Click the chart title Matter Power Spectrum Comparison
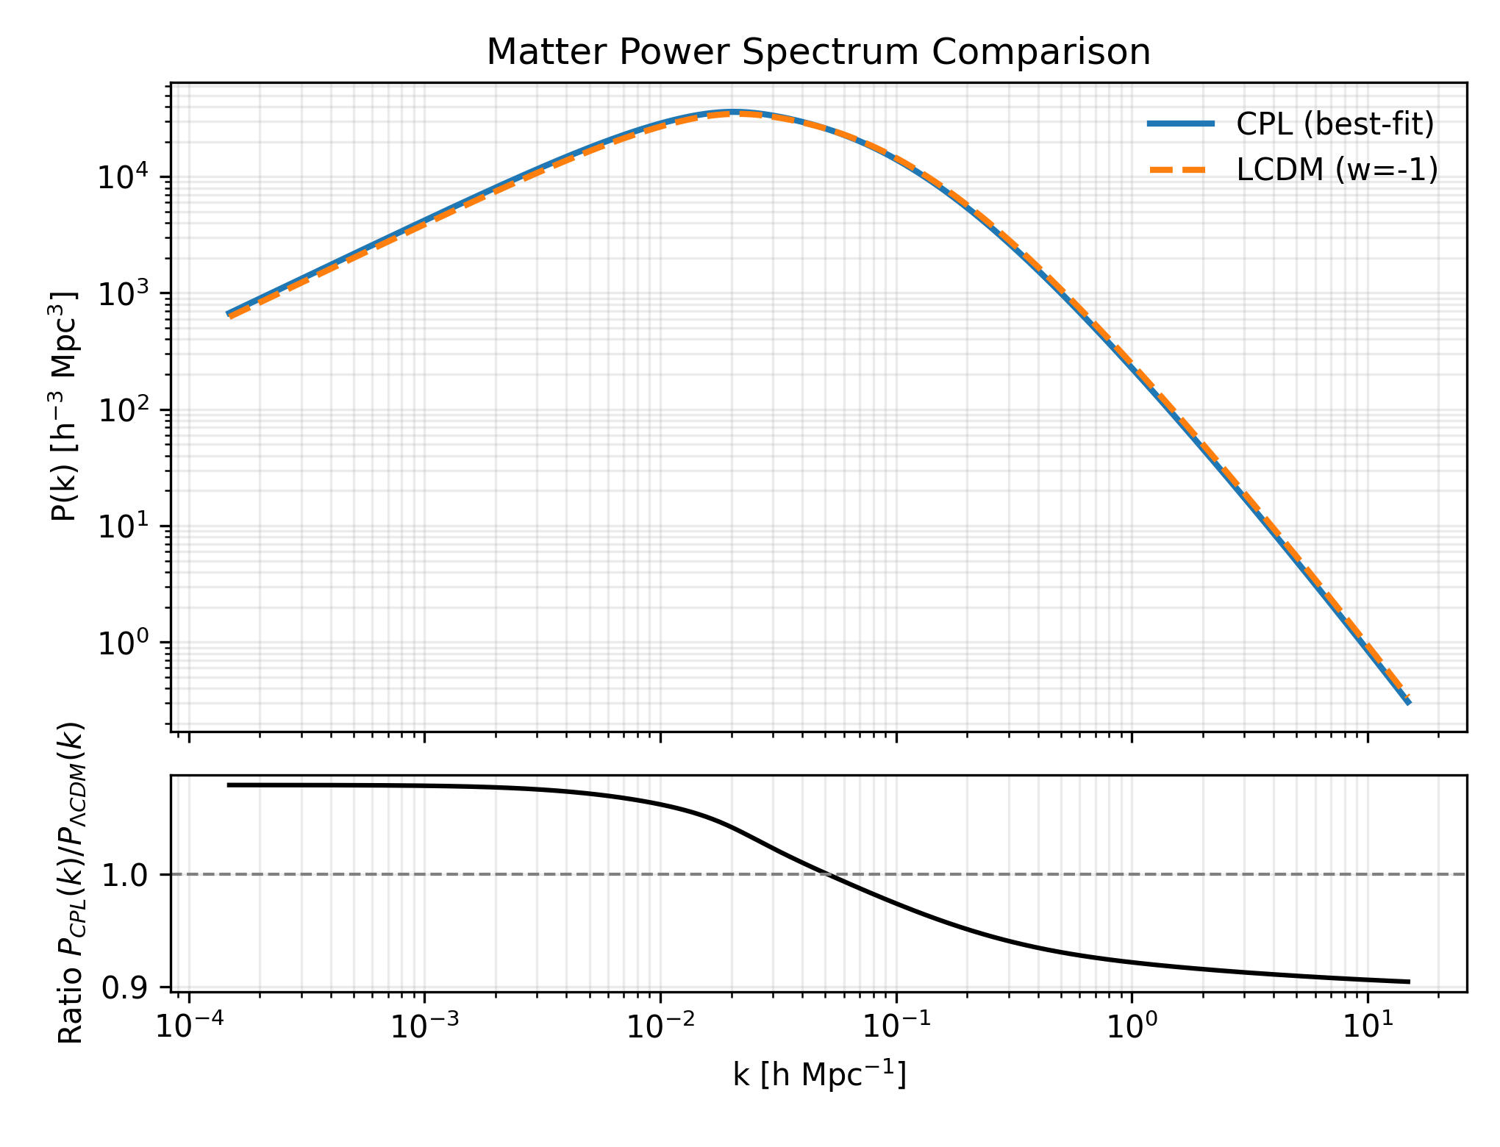[818, 53]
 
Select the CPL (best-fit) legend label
[1335, 124]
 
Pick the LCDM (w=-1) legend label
[1337, 170]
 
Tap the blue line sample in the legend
[1181, 124]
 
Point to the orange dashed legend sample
[1181, 170]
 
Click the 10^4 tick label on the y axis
[123, 178]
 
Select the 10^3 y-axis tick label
[123, 294]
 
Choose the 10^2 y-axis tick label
[123, 410]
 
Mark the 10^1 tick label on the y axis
[123, 526]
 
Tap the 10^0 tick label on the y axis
[123, 643]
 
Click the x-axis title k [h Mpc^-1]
[819, 1075]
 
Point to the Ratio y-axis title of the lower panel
[71, 883]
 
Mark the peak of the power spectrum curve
[733, 112]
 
